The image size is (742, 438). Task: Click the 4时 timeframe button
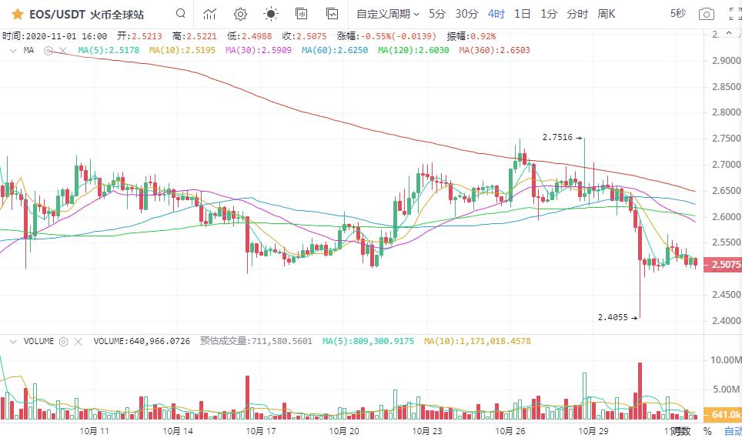[x=496, y=14]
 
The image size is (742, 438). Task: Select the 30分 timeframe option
[x=466, y=14]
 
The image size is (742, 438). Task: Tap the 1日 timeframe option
[x=523, y=14]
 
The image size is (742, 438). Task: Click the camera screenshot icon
[x=706, y=14]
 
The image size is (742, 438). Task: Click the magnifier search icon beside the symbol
[x=180, y=13]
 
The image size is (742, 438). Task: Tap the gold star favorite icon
[x=17, y=14]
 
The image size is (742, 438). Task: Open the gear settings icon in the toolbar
[x=240, y=14]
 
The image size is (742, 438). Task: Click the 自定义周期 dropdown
[x=388, y=14]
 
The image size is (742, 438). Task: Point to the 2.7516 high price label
[x=557, y=138]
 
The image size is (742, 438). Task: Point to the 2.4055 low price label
[x=613, y=316]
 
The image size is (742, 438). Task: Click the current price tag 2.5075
[x=726, y=265]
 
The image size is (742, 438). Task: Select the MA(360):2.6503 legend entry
[x=494, y=50]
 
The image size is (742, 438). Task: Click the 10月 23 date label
[x=426, y=430]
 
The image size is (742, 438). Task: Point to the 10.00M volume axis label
[x=726, y=359]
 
